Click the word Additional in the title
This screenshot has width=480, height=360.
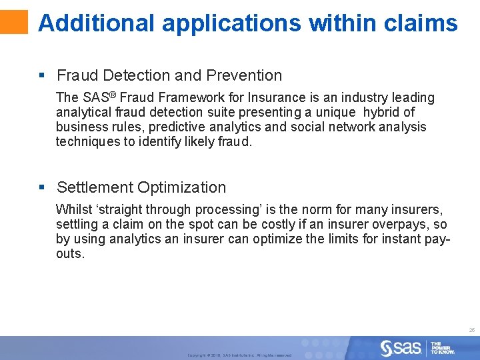(97, 23)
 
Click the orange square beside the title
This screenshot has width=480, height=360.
(14, 21)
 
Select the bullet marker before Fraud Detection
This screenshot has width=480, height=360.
(41, 76)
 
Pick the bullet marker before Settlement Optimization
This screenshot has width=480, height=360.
(41, 188)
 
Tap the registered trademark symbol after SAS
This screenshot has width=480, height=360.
(114, 95)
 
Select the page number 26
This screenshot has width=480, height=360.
(471, 330)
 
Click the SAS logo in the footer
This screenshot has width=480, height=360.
(401, 347)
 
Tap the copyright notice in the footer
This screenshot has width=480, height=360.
(239, 355)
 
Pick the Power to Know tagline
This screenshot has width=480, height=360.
(443, 348)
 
